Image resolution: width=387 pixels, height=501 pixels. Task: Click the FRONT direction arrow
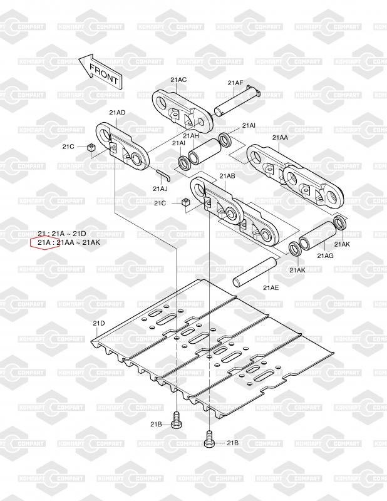(100, 70)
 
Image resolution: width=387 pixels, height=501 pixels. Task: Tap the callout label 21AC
(178, 80)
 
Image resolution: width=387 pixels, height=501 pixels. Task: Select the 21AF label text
(235, 83)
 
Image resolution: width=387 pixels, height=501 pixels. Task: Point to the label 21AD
(117, 113)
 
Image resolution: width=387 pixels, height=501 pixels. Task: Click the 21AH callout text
(191, 136)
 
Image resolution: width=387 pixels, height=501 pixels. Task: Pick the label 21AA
(280, 137)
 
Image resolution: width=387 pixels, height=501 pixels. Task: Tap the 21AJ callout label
(160, 189)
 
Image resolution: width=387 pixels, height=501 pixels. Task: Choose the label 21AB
(226, 177)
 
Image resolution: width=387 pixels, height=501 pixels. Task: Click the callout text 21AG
(325, 256)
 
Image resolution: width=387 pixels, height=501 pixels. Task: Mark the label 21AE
(271, 287)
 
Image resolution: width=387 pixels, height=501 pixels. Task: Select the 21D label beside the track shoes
(99, 323)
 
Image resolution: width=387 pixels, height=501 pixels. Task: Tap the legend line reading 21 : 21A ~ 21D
(61, 234)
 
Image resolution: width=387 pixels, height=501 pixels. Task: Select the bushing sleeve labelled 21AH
(204, 153)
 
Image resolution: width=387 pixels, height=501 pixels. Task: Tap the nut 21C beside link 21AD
(91, 148)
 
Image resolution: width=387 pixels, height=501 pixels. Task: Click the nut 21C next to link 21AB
(185, 203)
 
